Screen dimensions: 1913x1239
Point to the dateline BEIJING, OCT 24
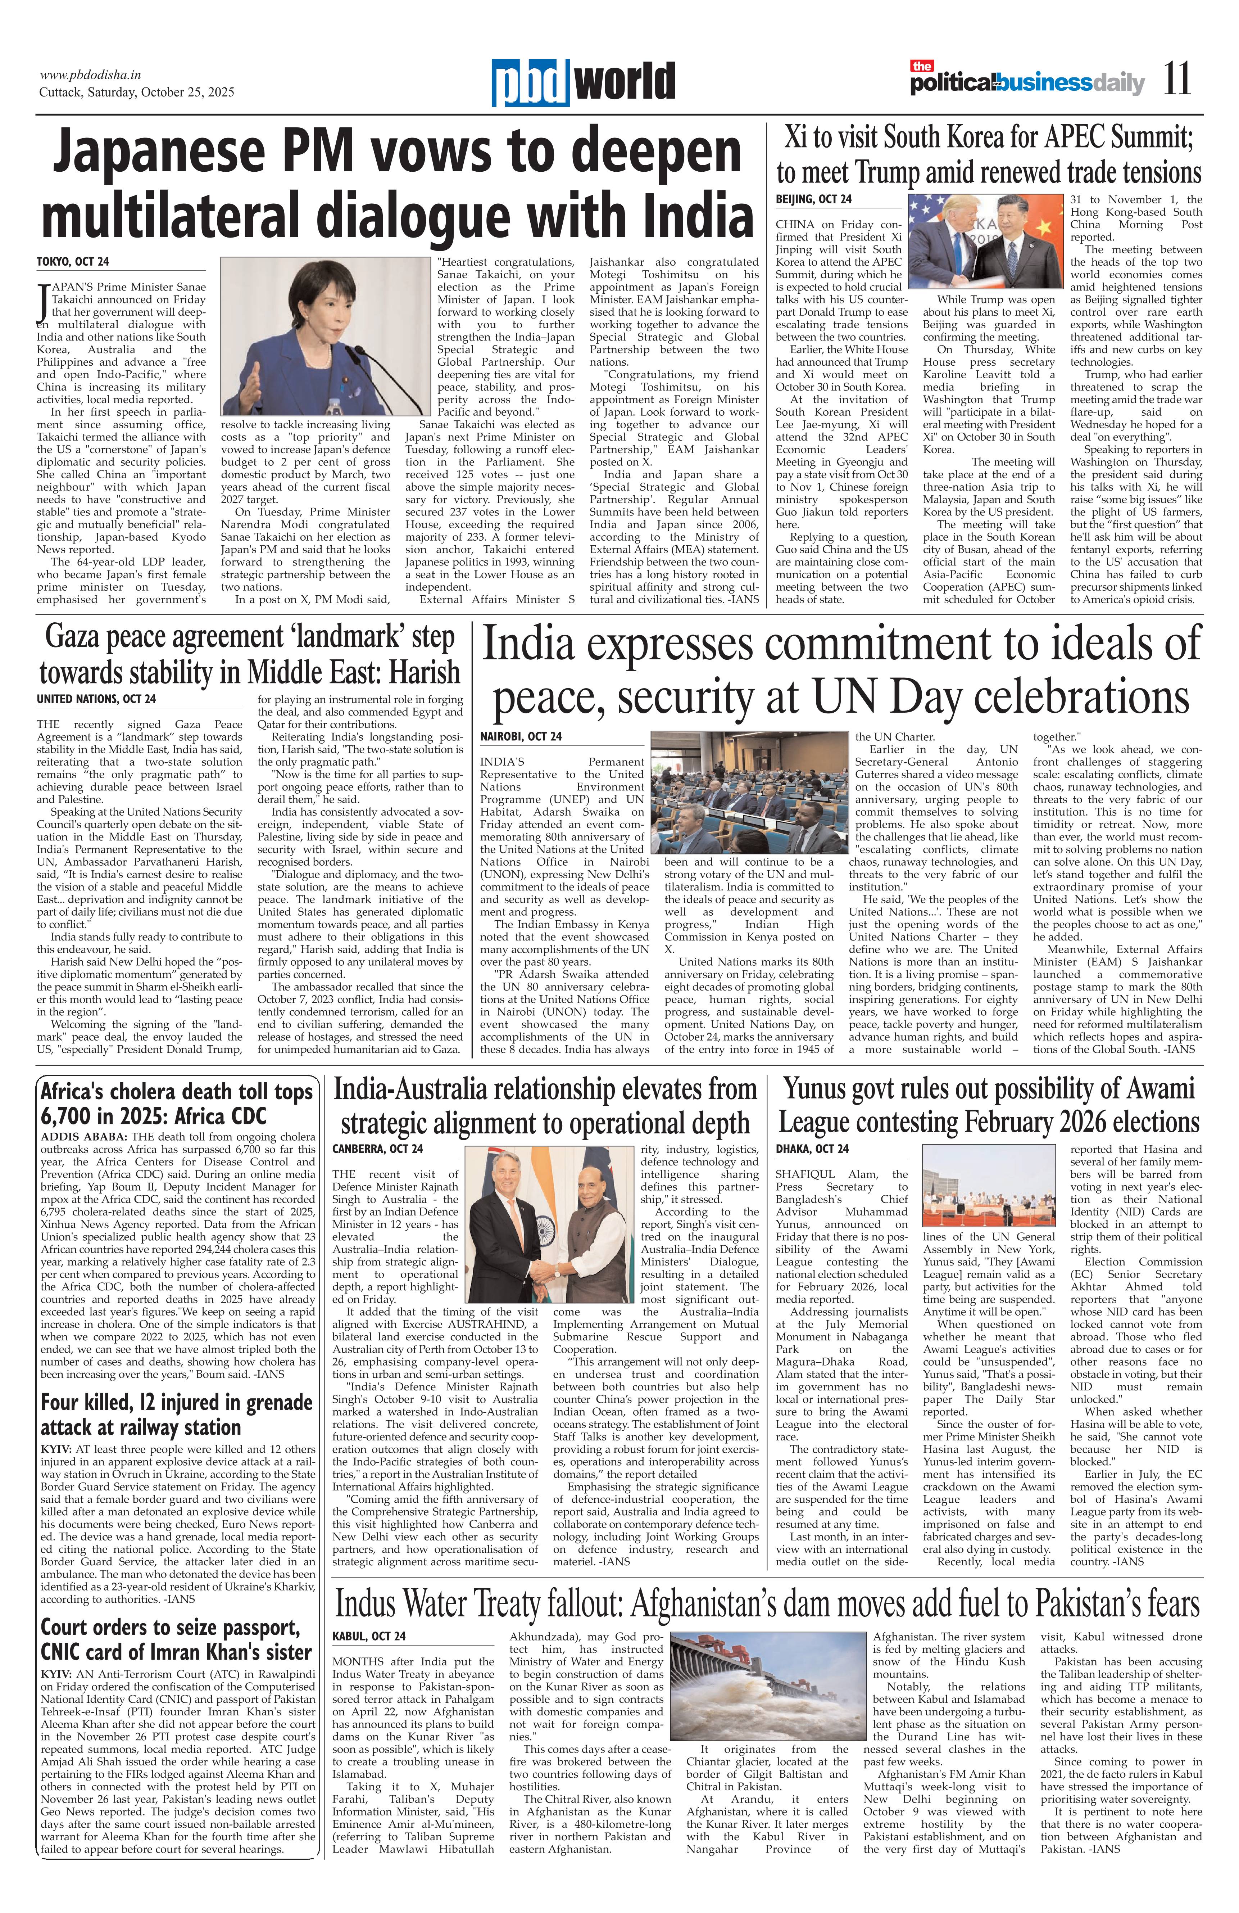pyautogui.click(x=813, y=199)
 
